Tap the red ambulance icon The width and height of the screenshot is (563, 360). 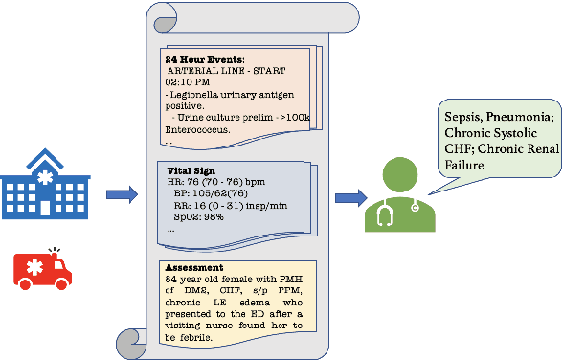pyautogui.click(x=46, y=267)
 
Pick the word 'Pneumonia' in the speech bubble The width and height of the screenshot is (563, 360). pyautogui.click(x=522, y=116)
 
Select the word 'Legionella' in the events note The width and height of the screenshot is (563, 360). pyautogui.click(x=206, y=97)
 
